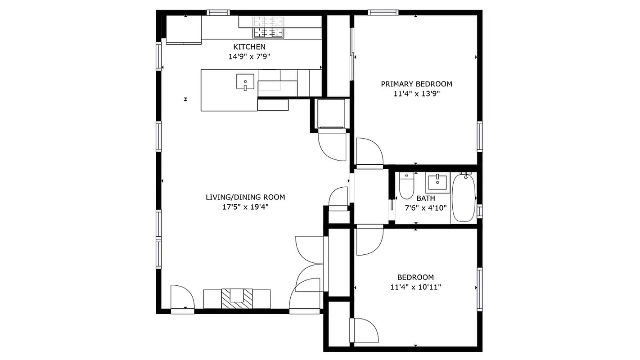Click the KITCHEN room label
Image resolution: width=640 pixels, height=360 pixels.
249,47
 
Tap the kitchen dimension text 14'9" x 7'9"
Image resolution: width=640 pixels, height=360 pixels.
249,57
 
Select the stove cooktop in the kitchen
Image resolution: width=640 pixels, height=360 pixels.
269,27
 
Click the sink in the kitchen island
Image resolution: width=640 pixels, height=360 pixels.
245,82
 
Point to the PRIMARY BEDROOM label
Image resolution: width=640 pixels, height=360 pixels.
416,84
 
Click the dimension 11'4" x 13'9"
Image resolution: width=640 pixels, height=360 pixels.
416,94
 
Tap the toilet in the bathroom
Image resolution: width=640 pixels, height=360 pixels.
406,186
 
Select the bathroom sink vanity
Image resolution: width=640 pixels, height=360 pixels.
437,183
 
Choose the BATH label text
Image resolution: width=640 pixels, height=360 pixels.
425,198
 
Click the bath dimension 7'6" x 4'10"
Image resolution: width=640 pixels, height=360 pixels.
425,208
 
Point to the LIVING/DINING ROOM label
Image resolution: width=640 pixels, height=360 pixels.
245,197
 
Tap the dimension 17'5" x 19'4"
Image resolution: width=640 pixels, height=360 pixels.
245,207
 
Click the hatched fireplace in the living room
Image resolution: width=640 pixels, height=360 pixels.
237,298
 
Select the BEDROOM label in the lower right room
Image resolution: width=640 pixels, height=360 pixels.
415,278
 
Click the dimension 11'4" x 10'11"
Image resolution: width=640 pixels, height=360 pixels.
415,288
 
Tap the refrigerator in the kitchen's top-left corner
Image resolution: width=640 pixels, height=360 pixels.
184,30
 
